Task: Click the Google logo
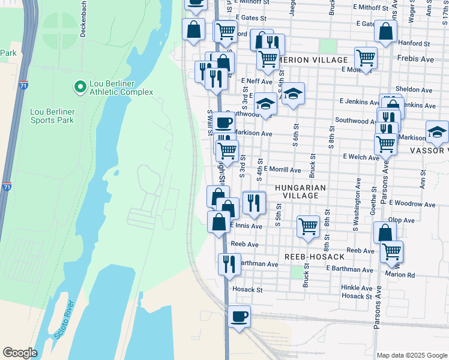20,353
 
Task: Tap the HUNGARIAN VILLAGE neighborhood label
300,191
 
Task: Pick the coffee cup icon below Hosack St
239,316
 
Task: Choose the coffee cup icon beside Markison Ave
223,122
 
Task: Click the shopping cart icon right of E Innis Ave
308,226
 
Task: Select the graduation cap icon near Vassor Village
437,131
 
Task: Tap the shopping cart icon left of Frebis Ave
366,58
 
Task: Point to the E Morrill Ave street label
282,170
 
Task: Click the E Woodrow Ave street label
412,203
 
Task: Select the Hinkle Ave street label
357,287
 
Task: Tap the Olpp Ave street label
402,220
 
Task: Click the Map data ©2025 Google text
411,355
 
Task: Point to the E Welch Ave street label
361,157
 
